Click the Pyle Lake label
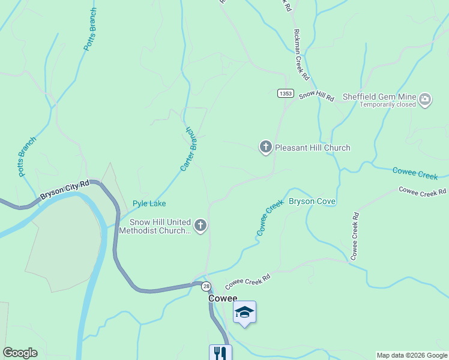149,203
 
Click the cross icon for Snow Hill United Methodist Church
200,226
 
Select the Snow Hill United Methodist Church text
155,226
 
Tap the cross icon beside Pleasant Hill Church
265,147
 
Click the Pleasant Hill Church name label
312,148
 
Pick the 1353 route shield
286,93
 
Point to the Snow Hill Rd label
316,95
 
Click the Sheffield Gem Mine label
379,96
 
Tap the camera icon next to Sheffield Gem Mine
425,100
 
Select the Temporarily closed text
388,104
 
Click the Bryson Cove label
312,201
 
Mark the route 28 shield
206,286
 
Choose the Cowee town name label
223,298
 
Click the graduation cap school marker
244,312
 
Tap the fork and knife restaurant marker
220,353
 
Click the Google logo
20,353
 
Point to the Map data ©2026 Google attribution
412,355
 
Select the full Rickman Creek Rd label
301,56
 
